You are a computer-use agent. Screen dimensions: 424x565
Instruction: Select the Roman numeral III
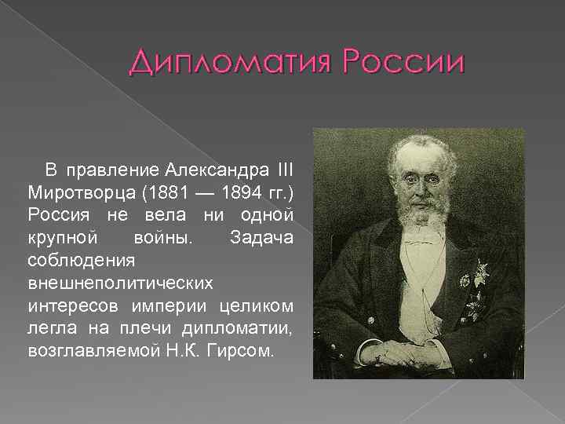click(285, 170)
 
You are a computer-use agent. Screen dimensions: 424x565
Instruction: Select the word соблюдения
click(69, 258)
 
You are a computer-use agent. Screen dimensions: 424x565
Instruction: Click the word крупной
click(62, 236)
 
